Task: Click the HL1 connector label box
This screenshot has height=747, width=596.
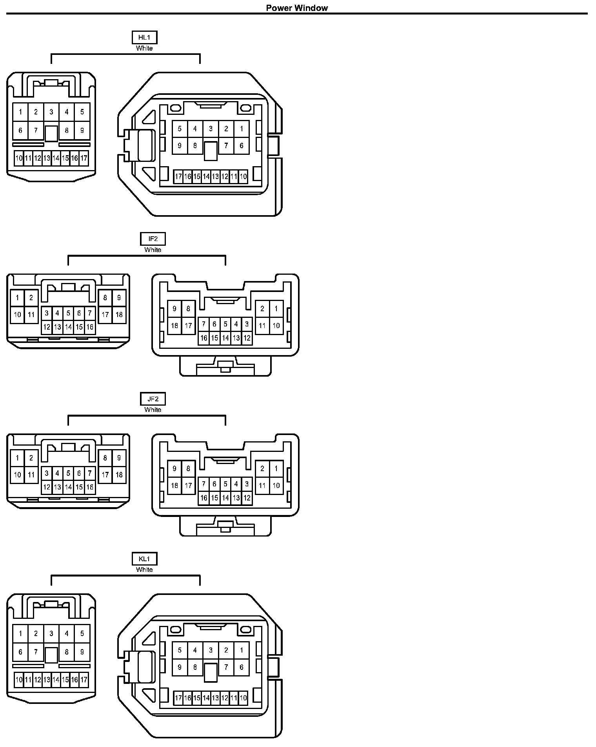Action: pos(144,38)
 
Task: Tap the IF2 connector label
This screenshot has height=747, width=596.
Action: pos(153,239)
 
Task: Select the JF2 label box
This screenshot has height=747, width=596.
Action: pos(153,399)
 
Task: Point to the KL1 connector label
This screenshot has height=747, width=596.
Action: pos(144,559)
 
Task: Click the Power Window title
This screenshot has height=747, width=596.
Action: pos(297,8)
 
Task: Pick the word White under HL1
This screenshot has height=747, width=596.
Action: pos(144,48)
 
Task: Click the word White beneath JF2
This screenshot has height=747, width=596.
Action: pos(153,410)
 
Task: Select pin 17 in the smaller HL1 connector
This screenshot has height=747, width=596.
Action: pos(84,158)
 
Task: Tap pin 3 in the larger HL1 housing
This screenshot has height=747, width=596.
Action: pos(211,129)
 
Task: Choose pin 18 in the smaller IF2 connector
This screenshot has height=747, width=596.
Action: pos(119,314)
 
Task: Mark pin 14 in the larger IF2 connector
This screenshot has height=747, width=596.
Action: pos(225,338)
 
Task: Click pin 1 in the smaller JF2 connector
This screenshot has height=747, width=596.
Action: pos(17,458)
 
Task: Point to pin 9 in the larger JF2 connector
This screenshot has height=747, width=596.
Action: pos(174,468)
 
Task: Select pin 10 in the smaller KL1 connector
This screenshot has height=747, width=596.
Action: pos(19,680)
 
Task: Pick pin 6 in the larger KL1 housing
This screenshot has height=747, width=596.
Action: pos(242,667)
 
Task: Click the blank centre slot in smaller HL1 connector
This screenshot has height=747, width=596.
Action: pos(51,133)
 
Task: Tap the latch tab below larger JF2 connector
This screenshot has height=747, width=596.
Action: pos(225,526)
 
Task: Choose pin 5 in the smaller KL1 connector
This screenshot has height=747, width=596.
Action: pos(82,633)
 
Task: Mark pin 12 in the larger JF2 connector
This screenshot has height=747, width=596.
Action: pos(247,498)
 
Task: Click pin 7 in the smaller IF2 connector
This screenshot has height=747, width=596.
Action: pos(90,313)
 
